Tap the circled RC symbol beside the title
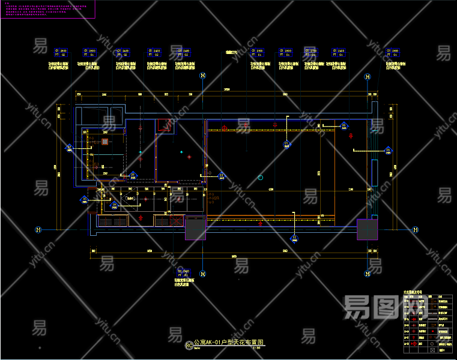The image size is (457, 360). point(189,345)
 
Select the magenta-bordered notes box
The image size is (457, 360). point(47,9)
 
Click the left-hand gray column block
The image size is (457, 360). point(195,229)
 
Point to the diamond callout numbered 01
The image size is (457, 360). point(286,143)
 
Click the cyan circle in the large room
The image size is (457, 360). point(260,177)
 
